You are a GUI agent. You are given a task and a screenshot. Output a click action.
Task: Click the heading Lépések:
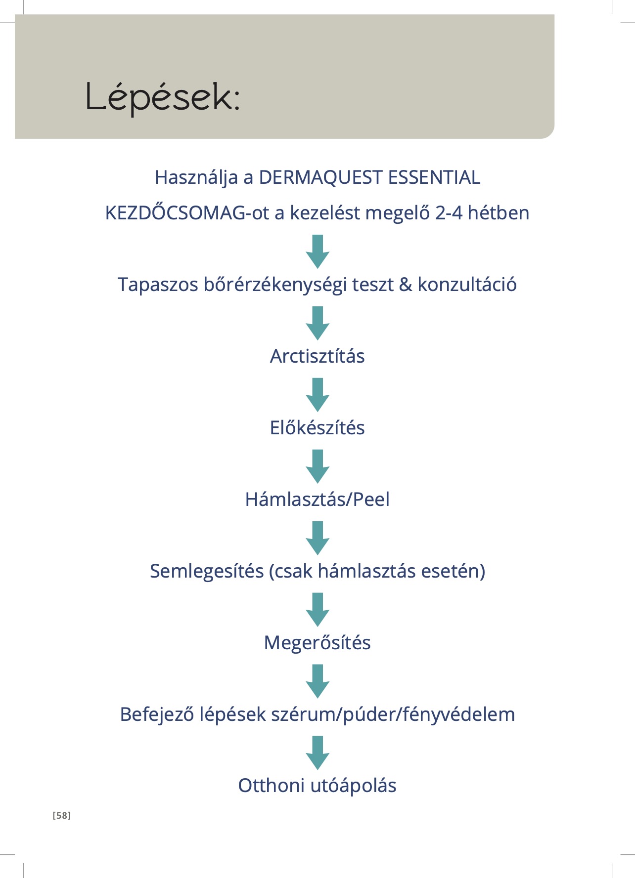pyautogui.click(x=163, y=97)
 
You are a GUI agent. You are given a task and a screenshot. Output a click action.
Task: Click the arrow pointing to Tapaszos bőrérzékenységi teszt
pyautogui.click(x=317, y=251)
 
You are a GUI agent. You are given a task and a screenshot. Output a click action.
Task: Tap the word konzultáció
pyautogui.click(x=467, y=285)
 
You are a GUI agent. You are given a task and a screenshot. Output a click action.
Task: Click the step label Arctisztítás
pyautogui.click(x=317, y=356)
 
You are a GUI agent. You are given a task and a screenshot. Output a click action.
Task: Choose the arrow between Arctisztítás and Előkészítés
pyautogui.click(x=317, y=395)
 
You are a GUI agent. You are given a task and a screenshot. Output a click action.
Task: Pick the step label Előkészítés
pyautogui.click(x=317, y=428)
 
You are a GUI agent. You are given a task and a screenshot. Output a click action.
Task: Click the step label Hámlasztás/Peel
pyautogui.click(x=317, y=500)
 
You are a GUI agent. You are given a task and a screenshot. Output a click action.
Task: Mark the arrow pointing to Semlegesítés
pyautogui.click(x=317, y=538)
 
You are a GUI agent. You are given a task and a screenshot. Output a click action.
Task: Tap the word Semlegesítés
pyautogui.click(x=207, y=571)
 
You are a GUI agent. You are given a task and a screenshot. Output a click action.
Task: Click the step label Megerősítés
pyautogui.click(x=317, y=643)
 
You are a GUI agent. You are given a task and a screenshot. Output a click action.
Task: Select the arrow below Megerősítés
pyautogui.click(x=317, y=681)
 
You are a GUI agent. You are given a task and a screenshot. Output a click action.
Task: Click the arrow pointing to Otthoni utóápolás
pyautogui.click(x=317, y=753)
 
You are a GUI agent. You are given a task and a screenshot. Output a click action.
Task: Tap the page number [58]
pyautogui.click(x=62, y=816)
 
